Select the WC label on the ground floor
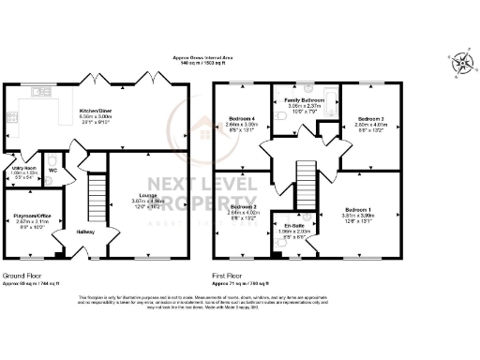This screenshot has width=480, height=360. pyautogui.click(x=53, y=171)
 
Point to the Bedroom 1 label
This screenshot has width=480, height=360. pyautogui.click(x=357, y=209)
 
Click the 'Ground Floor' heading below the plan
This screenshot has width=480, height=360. pyautogui.click(x=20, y=276)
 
